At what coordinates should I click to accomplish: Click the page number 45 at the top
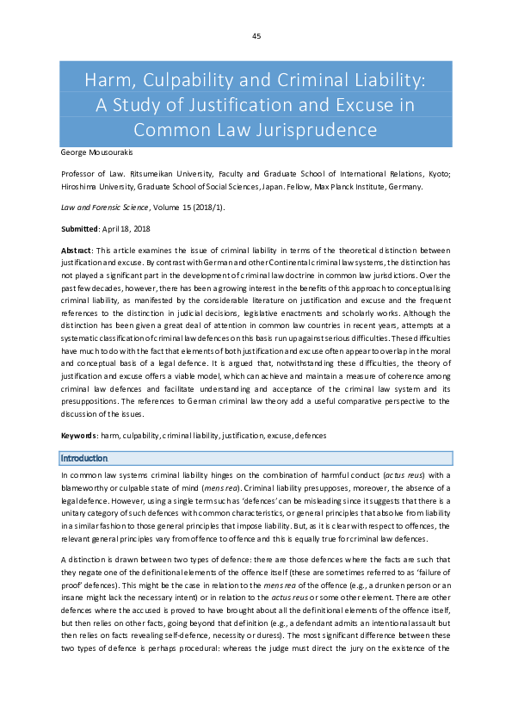point(256,36)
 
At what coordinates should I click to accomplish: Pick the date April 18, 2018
point(127,228)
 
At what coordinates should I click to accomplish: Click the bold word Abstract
point(77,250)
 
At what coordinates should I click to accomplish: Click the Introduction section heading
point(83,458)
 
